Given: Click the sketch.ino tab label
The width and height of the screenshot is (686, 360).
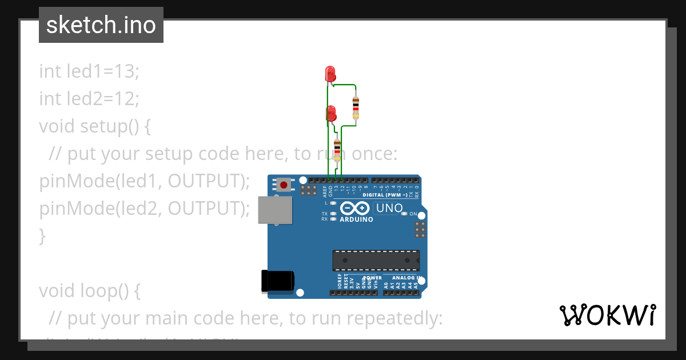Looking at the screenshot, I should (101, 25).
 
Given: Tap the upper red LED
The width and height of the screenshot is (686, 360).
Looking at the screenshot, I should (330, 73).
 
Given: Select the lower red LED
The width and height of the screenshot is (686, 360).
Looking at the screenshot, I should (330, 113).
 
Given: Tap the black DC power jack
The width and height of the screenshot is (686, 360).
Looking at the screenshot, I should (277, 281).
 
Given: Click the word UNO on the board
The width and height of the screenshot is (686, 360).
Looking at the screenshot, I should (389, 209).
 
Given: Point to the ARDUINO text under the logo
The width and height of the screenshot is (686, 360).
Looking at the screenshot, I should (356, 219).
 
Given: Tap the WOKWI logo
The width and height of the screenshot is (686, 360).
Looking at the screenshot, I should (608, 315).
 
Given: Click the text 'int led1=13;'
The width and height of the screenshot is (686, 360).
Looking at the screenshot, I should (89, 71).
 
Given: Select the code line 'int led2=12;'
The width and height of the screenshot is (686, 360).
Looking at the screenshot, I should (89, 99).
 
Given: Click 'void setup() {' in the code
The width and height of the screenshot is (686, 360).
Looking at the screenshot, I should (95, 126).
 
